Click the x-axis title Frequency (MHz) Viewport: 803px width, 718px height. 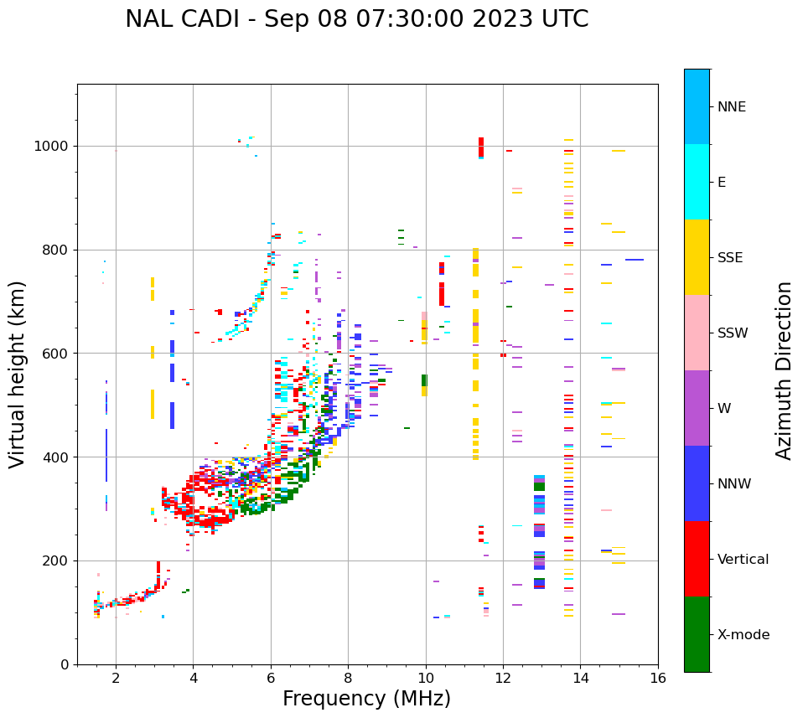click(366, 699)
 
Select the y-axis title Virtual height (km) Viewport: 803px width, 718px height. click(18, 374)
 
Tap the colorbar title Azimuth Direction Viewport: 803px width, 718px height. click(784, 370)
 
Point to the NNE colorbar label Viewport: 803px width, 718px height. click(731, 107)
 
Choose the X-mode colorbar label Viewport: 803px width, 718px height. click(743, 635)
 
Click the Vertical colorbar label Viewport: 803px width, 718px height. click(743, 560)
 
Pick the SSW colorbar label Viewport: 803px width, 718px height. click(733, 333)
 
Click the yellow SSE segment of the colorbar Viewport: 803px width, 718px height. click(697, 257)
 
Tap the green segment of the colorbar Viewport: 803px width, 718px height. click(697, 634)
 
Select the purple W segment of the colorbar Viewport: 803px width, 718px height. click(697, 408)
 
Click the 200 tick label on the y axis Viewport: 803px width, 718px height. click(54, 560)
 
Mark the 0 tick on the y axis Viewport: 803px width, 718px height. click(65, 664)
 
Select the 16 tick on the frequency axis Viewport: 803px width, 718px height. click(658, 678)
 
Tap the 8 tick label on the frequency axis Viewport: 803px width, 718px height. click(348, 678)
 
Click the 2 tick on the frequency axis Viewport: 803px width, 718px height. click(116, 678)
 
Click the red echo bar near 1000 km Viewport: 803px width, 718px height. click(481, 147)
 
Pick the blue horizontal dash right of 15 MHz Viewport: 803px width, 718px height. click(635, 260)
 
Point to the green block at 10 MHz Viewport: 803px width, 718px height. click(424, 380)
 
